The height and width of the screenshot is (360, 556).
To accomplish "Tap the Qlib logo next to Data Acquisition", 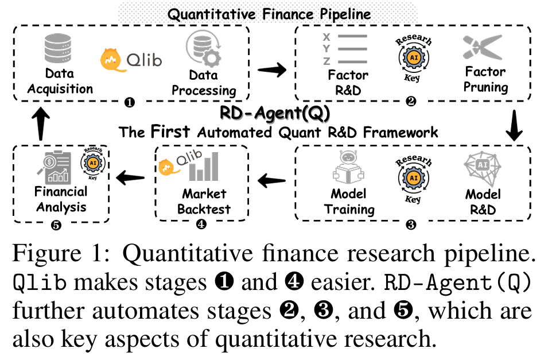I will point(131,59).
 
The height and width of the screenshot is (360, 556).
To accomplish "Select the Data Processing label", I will point(204,83).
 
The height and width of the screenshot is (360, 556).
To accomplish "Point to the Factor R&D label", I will point(348,83).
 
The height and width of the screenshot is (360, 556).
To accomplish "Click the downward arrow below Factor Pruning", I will point(515,128).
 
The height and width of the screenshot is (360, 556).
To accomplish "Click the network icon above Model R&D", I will point(482,170).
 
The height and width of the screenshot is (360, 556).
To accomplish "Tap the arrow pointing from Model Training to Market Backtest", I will point(271,181).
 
